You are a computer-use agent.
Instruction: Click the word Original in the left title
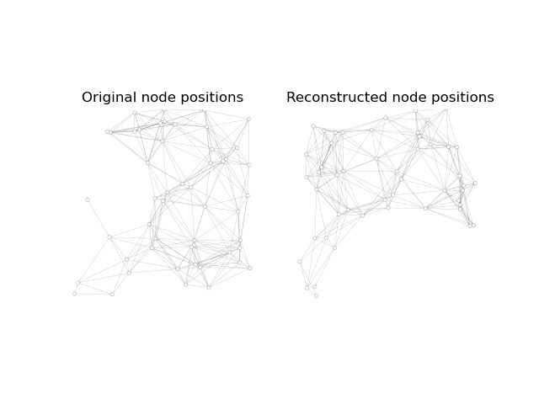[108, 98]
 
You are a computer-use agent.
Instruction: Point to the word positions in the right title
[462, 98]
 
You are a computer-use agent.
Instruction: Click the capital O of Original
[87, 98]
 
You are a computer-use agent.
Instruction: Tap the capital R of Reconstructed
[291, 98]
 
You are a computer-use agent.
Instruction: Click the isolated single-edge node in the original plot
[87, 199]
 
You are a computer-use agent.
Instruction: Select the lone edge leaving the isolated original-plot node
[98, 218]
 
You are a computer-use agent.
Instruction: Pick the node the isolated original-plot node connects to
[109, 237]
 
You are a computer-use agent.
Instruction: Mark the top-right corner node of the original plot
[248, 119]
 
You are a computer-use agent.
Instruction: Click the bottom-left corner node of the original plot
[74, 294]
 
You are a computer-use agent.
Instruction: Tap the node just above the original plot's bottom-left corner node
[78, 283]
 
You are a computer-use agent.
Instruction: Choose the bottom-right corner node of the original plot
[249, 268]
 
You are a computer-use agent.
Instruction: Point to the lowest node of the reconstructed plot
[316, 295]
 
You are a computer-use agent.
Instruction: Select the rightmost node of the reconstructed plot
[475, 183]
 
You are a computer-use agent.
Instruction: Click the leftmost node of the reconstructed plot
[299, 261]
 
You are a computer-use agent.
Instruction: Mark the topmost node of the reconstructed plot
[415, 110]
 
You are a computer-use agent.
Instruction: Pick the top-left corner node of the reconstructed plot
[313, 126]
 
